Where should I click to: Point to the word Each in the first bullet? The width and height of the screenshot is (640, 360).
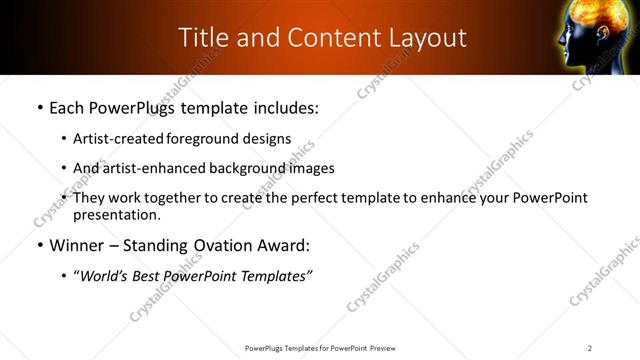(68, 108)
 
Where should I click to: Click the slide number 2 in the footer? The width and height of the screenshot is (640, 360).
(590, 348)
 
